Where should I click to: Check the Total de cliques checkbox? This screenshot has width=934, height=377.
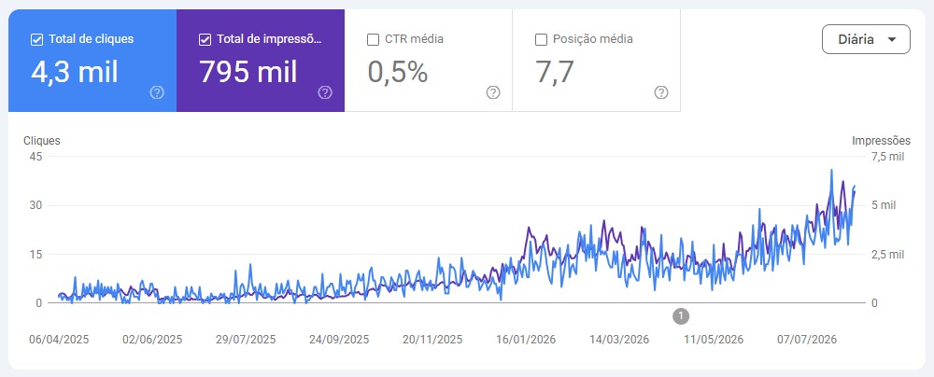click(x=36, y=40)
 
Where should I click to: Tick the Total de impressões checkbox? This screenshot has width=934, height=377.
click(x=205, y=40)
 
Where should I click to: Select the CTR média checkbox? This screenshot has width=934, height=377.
click(x=374, y=40)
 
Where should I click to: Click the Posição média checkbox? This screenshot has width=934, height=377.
click(x=542, y=40)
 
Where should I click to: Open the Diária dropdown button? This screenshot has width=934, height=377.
click(x=866, y=39)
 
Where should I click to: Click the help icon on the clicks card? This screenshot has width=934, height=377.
click(x=157, y=92)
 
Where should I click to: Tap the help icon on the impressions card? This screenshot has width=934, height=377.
click(x=325, y=92)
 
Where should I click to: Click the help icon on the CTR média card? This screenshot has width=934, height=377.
click(x=493, y=92)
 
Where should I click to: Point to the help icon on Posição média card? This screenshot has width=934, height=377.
click(x=661, y=92)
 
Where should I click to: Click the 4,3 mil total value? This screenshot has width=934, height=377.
click(x=75, y=72)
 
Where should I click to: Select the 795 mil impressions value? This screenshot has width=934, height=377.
click(x=248, y=72)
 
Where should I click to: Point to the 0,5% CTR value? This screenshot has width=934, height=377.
click(x=397, y=72)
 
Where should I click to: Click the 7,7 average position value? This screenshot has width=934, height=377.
click(x=555, y=72)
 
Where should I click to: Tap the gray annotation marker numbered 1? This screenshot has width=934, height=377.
click(x=681, y=315)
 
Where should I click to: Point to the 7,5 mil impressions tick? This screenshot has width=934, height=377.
click(x=887, y=157)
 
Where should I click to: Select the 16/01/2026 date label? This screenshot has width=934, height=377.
click(x=526, y=340)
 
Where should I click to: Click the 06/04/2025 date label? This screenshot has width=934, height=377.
click(x=59, y=340)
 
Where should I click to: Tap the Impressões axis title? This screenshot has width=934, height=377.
click(x=881, y=141)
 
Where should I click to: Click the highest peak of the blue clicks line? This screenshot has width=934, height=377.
click(x=831, y=170)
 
